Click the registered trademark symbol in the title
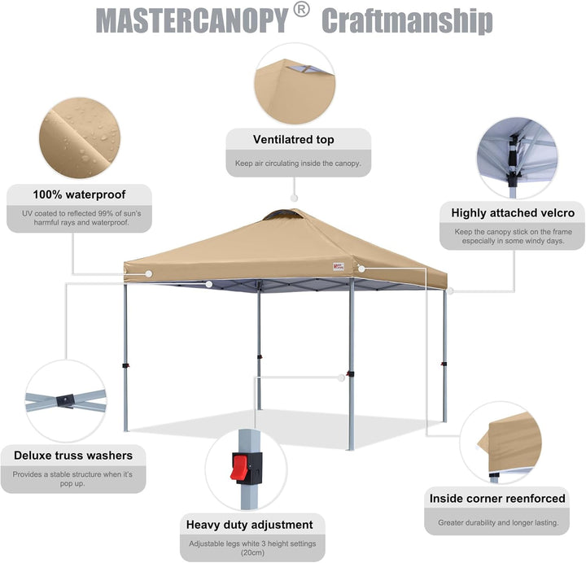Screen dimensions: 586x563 (x=302, y=10)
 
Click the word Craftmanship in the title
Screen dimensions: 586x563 (x=407, y=21)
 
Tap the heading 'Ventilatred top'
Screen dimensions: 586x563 (x=293, y=139)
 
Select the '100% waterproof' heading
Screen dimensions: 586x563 (x=79, y=194)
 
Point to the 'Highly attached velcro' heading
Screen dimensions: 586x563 (x=513, y=213)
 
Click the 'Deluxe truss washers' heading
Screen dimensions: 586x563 (x=73, y=456)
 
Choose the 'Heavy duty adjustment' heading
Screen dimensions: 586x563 (x=250, y=525)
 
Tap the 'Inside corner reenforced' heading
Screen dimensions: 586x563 (x=497, y=499)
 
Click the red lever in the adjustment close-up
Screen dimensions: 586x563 (x=238, y=467)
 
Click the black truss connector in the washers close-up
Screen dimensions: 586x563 (x=66, y=400)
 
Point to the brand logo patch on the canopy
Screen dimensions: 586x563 (x=339, y=266)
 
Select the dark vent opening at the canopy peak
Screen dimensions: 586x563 (x=282, y=215)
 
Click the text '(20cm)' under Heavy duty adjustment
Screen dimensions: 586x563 (x=252, y=552)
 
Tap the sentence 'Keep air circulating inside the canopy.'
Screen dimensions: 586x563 (x=298, y=164)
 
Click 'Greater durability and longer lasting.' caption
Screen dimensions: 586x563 (x=499, y=522)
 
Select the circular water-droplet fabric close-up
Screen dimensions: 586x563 (x=80, y=137)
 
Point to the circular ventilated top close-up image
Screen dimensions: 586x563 (x=295, y=84)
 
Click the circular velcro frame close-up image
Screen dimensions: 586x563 (x=518, y=158)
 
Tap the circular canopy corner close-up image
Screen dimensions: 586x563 (x=501, y=443)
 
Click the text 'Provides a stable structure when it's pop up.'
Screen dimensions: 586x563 (x=72, y=479)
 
